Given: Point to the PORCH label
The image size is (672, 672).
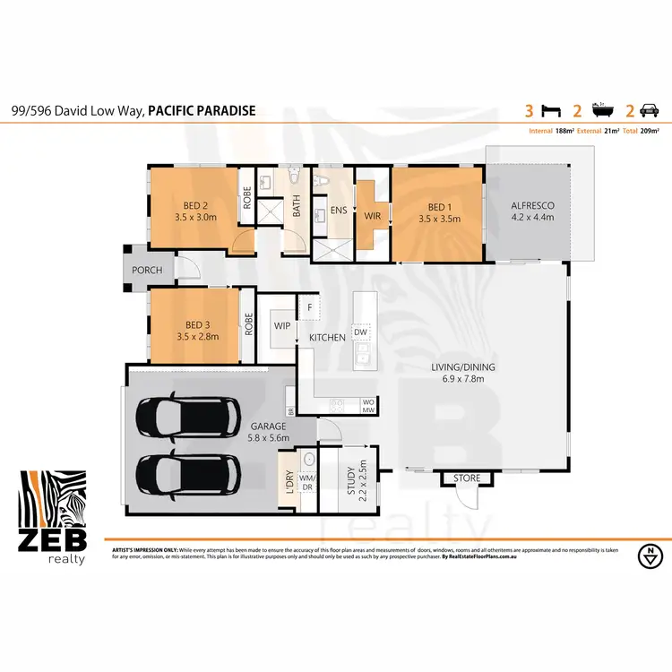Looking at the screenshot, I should click(x=148, y=269).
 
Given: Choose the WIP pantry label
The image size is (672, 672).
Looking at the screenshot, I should click(x=281, y=326).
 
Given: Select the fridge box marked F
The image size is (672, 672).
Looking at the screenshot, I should click(x=309, y=307).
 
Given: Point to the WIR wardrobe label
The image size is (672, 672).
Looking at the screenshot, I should click(x=372, y=215).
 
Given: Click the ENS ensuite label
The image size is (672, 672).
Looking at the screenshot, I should click(x=338, y=211).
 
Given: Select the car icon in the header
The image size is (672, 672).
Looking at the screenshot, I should click(x=650, y=111).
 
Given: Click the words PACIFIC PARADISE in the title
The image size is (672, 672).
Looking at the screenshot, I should click(x=202, y=111).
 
